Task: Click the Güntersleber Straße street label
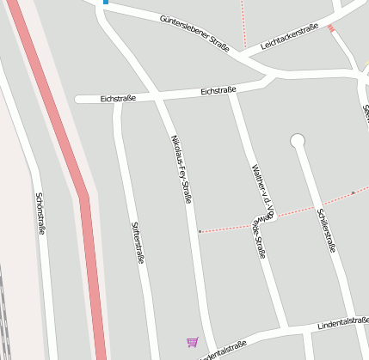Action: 194,34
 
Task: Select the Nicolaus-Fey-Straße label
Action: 181,168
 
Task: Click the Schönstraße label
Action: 40,213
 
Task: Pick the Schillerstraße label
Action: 325,229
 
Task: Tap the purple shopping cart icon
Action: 192,342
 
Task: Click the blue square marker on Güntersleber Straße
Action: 105,2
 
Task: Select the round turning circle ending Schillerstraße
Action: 298,140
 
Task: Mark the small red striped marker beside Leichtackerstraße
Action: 331,29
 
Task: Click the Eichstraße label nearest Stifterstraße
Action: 119,99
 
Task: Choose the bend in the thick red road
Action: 83,197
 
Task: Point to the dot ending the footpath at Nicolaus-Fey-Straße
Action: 200,231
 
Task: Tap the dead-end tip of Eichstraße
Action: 78,100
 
